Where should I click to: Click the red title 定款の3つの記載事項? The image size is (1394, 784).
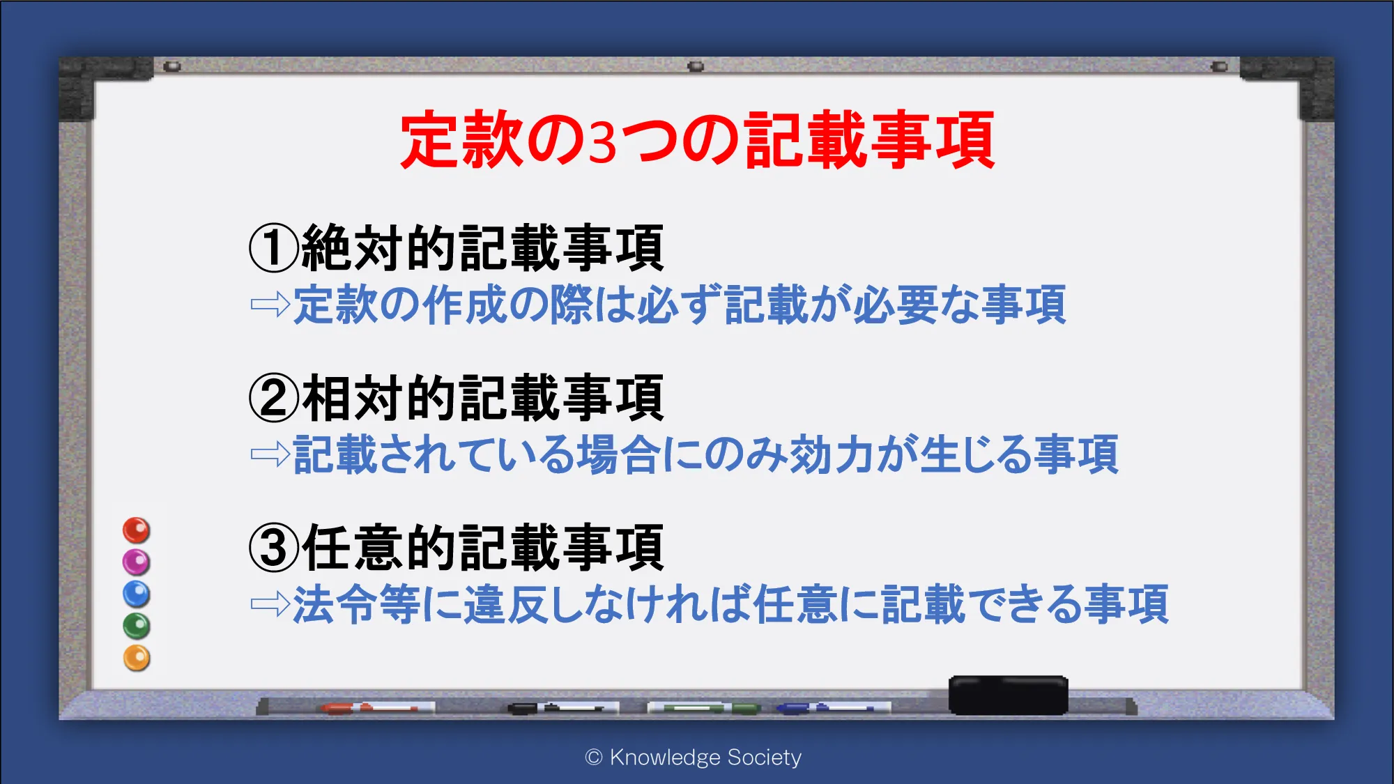point(697,139)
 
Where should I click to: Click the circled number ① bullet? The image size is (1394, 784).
point(274,247)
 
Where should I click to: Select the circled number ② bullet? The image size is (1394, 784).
point(274,397)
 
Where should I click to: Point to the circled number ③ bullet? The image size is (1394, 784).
point(274,548)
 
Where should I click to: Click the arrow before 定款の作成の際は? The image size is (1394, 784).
point(270,305)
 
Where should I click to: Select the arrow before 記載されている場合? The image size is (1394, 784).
point(270,454)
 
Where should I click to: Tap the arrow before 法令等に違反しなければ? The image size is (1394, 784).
point(270,604)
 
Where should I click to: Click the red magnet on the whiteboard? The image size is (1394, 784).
point(137,530)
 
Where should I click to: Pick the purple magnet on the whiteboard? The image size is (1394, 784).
point(137,562)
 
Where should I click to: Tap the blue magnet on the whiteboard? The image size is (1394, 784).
point(137,594)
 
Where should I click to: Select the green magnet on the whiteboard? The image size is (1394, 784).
point(137,626)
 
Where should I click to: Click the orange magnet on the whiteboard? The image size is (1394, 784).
point(137,658)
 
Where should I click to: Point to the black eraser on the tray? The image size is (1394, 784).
point(1009,695)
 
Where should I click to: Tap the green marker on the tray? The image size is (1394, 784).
point(704,708)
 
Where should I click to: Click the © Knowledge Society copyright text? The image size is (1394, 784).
point(694,758)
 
